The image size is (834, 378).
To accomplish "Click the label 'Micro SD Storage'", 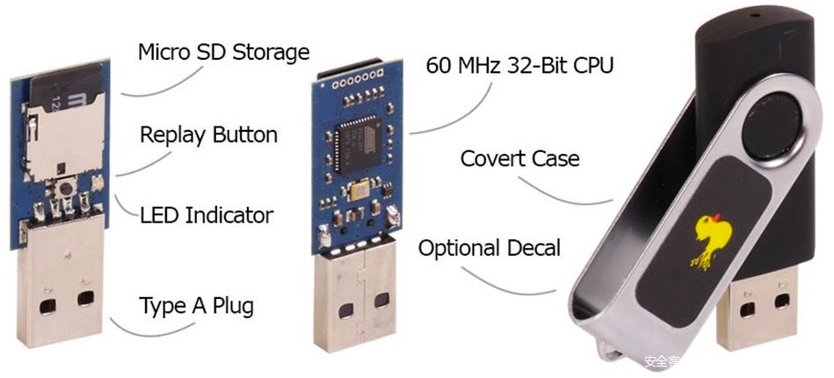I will pyautogui.click(x=223, y=52).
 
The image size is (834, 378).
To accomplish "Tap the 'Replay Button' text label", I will pyautogui.click(x=208, y=135).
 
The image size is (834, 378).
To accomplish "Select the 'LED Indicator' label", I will pyautogui.click(x=207, y=215).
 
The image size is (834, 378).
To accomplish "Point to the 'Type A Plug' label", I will pyautogui.click(x=196, y=306).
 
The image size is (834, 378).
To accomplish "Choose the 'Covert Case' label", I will pyautogui.click(x=519, y=159).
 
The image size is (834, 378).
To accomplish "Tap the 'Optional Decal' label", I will pyautogui.click(x=489, y=248).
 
